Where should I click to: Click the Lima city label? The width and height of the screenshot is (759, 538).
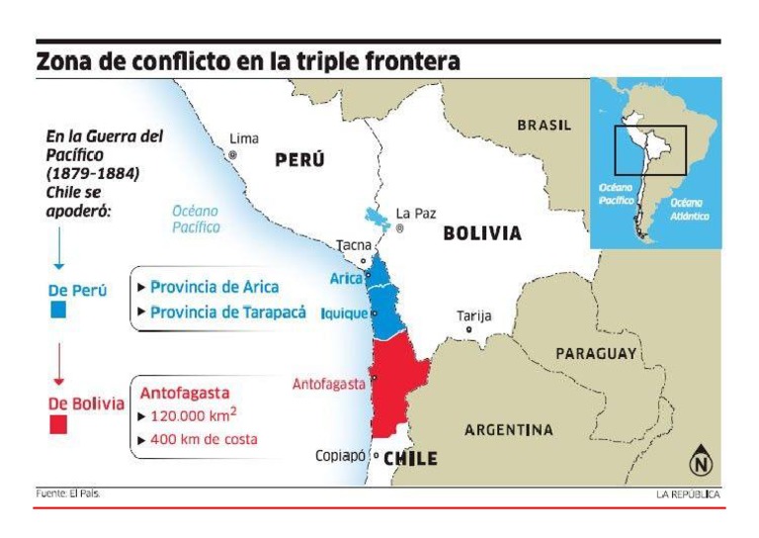point(243,138)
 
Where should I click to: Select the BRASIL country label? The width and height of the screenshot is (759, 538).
point(544,126)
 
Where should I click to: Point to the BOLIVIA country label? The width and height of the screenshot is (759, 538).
point(482,234)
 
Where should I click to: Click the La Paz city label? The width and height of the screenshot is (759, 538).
point(416,213)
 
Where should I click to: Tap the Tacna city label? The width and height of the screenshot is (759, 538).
point(354,244)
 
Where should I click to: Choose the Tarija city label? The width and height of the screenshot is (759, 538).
point(473,316)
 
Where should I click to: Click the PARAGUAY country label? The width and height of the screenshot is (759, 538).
point(597,353)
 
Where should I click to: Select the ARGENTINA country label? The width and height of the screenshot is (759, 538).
point(509,430)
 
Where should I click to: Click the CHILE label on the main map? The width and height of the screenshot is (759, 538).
point(410,458)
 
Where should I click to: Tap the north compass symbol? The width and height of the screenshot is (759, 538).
point(701,461)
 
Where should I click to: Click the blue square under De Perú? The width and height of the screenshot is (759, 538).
point(58,311)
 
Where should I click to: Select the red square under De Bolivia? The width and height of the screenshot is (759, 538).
point(58,424)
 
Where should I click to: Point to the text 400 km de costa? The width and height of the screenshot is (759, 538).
point(203,439)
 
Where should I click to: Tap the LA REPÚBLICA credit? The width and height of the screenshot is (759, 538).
point(688,493)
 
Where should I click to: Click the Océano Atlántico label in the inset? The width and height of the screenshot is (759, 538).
point(689,209)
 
